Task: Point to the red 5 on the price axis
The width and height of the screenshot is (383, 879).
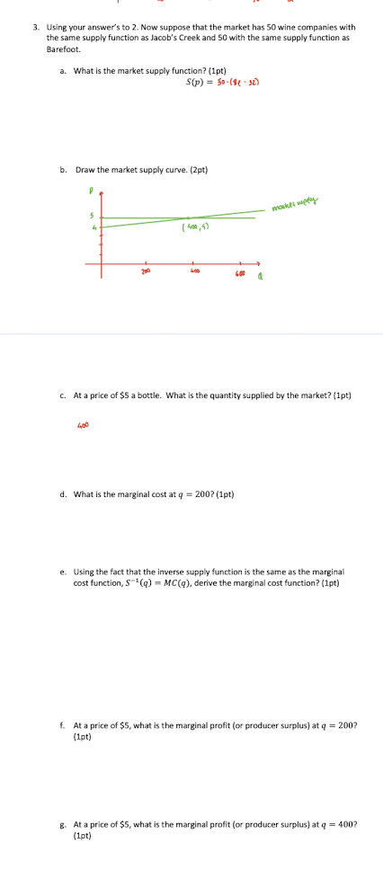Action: point(91,214)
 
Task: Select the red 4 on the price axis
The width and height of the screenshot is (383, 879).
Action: point(91,227)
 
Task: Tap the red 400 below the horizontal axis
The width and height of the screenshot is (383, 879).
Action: point(192,270)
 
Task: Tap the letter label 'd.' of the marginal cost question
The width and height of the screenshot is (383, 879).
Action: point(63,493)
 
